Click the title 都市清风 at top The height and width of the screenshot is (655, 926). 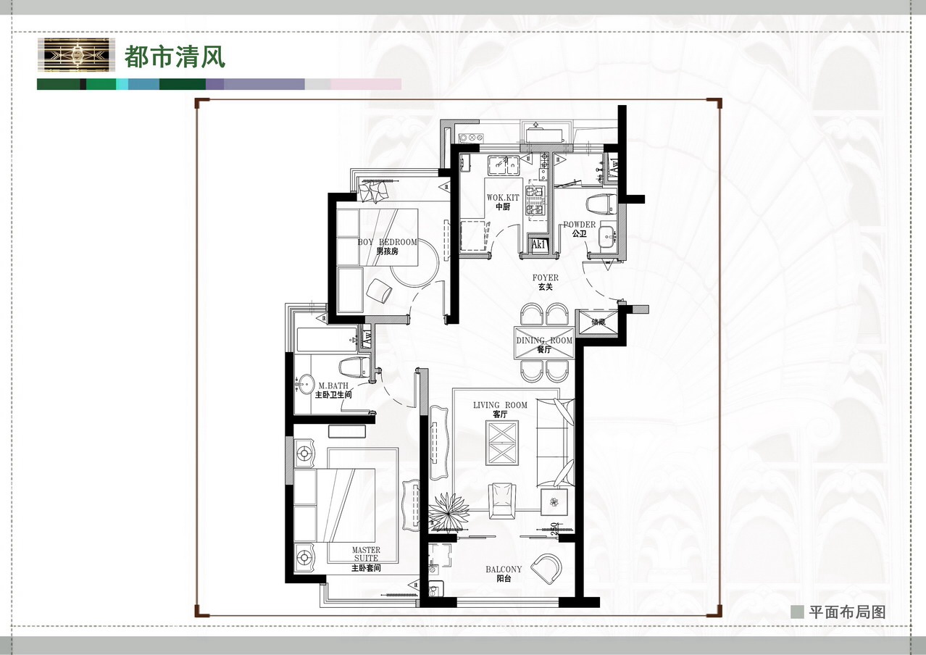click(175, 57)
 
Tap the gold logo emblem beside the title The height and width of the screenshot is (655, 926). click(76, 55)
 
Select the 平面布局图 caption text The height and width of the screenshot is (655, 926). click(847, 612)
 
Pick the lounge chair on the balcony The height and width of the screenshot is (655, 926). click(546, 567)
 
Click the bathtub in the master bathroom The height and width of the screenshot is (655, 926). click(327, 340)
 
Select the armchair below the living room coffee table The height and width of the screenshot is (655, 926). click(501, 501)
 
